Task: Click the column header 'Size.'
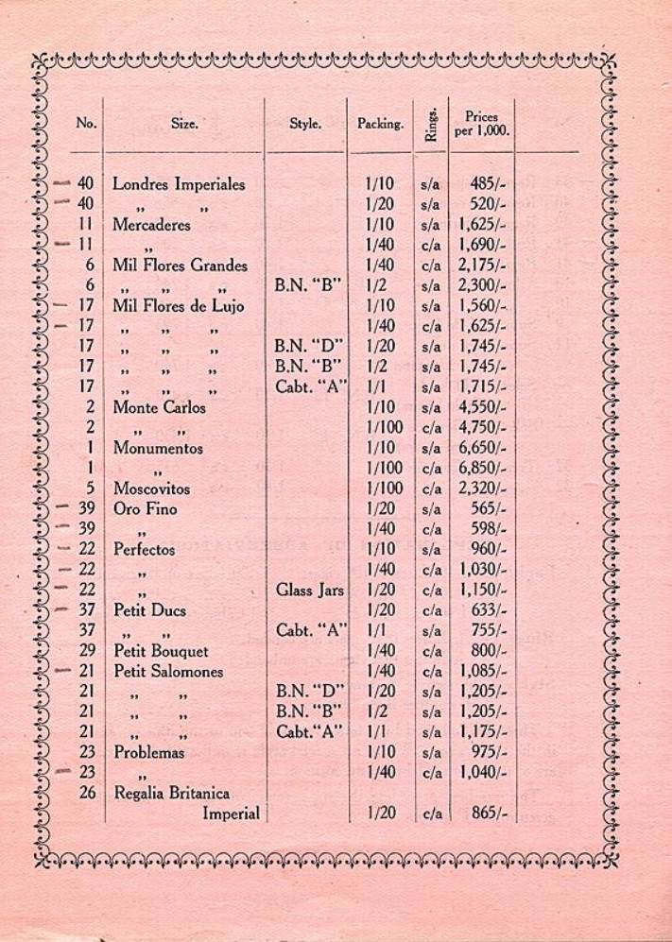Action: pyautogui.click(x=184, y=123)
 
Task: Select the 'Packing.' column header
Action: pyautogui.click(x=380, y=124)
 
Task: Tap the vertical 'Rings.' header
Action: pyautogui.click(x=431, y=123)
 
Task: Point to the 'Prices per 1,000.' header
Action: pyautogui.click(x=482, y=124)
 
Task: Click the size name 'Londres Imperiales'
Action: pyautogui.click(x=179, y=184)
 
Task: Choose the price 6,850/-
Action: pyautogui.click(x=483, y=469)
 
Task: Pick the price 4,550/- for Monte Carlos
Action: pyautogui.click(x=483, y=408)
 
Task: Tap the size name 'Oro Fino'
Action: pyautogui.click(x=146, y=509)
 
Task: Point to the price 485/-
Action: pyautogui.click(x=489, y=184)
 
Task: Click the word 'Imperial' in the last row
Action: pyautogui.click(x=231, y=814)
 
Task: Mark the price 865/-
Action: pyautogui.click(x=489, y=814)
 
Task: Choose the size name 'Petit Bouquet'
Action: pyautogui.click(x=161, y=651)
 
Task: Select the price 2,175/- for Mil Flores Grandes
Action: pyautogui.click(x=483, y=265)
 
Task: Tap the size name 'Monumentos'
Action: pyautogui.click(x=158, y=449)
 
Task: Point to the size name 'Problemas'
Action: pyautogui.click(x=149, y=753)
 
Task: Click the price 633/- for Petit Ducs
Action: pyautogui.click(x=489, y=610)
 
